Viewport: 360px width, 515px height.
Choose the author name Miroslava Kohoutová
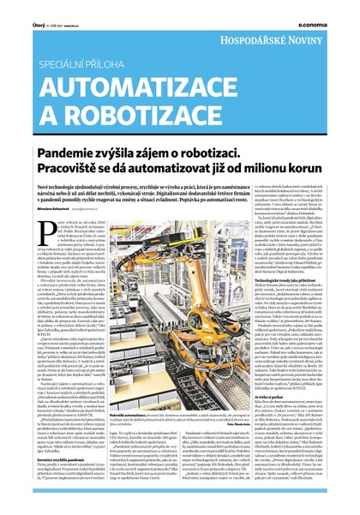(x=32, y=209)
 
